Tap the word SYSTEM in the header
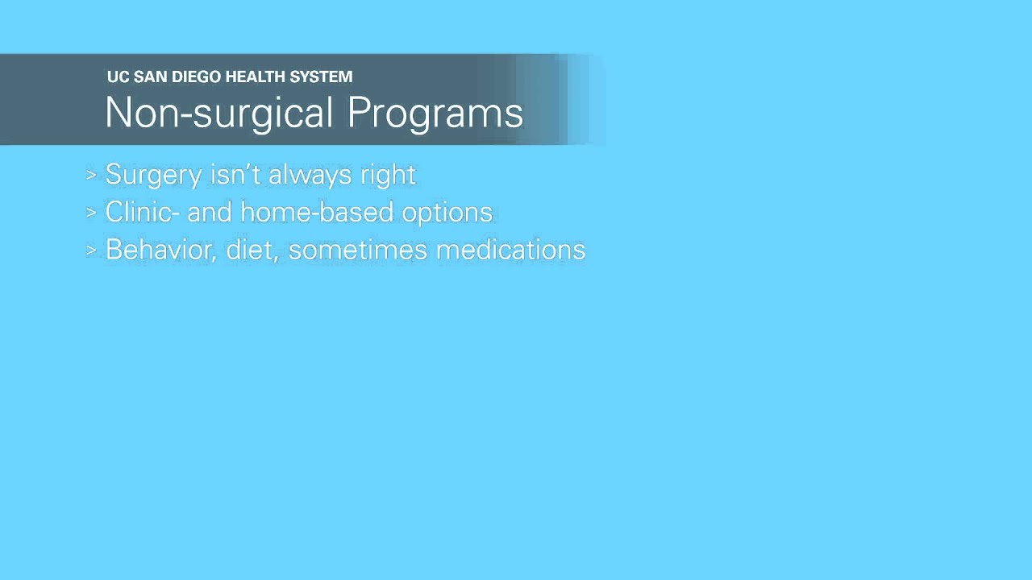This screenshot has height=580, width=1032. pos(326,77)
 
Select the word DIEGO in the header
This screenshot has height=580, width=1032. pos(197,77)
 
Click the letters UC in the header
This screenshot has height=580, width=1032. pos(118,77)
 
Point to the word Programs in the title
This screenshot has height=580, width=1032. pos(435,113)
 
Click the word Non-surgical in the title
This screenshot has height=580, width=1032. pos(219,113)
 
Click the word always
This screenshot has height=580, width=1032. pos(313,175)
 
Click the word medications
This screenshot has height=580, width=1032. pos(510,250)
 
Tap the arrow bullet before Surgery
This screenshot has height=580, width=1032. pos(91,175)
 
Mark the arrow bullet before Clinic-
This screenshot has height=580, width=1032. pos(91,213)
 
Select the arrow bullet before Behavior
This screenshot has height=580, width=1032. pos(91,251)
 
